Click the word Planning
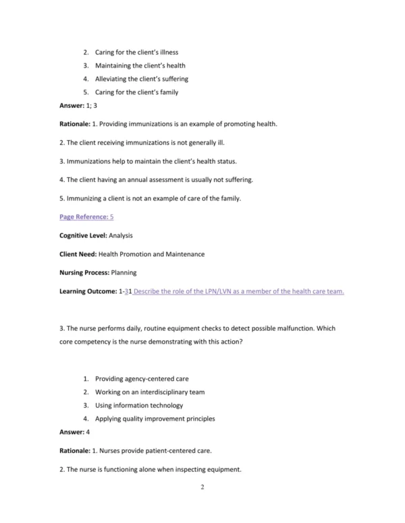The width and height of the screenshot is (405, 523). coord(124,273)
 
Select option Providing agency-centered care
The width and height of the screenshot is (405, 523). coord(138,379)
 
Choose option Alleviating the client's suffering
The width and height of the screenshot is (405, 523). coord(144,79)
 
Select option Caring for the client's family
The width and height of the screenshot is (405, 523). coord(136,92)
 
